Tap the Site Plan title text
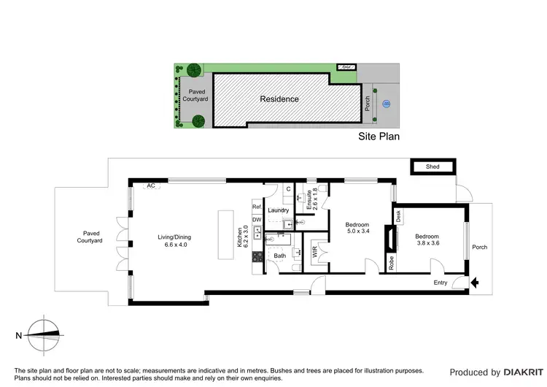[x=378, y=136]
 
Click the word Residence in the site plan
[x=279, y=99]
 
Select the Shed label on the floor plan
[x=432, y=167]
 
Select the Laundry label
[x=278, y=210]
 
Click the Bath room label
[x=279, y=256]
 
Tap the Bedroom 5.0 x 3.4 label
[x=357, y=228]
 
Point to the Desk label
[x=398, y=216]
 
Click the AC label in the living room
[x=151, y=185]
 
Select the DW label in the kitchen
[x=257, y=220]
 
